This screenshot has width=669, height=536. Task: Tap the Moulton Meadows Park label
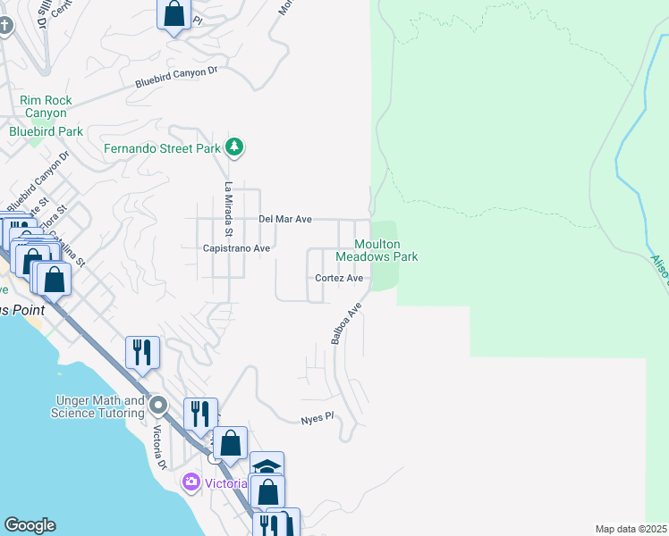point(377,250)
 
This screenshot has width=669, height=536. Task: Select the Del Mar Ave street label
point(284,219)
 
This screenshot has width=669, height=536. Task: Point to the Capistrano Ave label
point(236,248)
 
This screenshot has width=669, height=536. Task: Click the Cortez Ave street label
point(339,279)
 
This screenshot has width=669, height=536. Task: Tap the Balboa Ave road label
point(345,323)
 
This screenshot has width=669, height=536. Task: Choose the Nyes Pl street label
point(317,418)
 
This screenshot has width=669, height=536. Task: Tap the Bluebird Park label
point(46,131)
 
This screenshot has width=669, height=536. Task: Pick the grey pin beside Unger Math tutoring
point(159,406)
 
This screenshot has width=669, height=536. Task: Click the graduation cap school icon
point(267,466)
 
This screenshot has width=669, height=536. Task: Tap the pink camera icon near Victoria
point(190,483)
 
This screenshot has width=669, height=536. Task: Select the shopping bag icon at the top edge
point(174,14)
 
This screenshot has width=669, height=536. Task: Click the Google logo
point(30,525)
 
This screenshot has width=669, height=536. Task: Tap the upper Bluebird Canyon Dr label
point(176,77)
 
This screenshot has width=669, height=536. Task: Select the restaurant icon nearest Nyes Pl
point(200,414)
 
